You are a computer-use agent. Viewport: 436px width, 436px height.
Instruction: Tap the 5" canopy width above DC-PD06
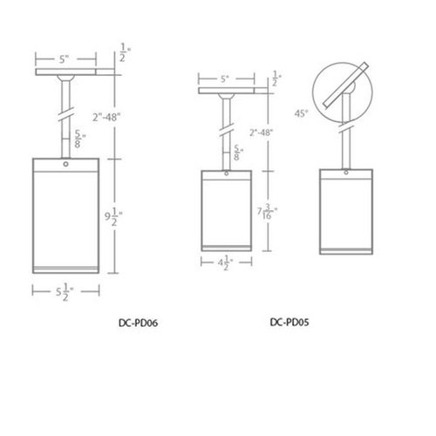tap(65, 61)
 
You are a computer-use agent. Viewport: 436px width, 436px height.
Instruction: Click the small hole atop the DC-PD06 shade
tap(66, 163)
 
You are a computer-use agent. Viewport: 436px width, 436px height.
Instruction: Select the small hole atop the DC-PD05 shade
tap(225, 173)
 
